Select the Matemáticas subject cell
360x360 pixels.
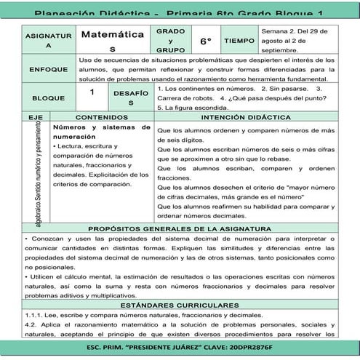click(111, 40)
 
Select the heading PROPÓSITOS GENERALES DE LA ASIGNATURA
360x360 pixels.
click(180, 228)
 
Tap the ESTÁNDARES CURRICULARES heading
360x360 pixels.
click(180, 305)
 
